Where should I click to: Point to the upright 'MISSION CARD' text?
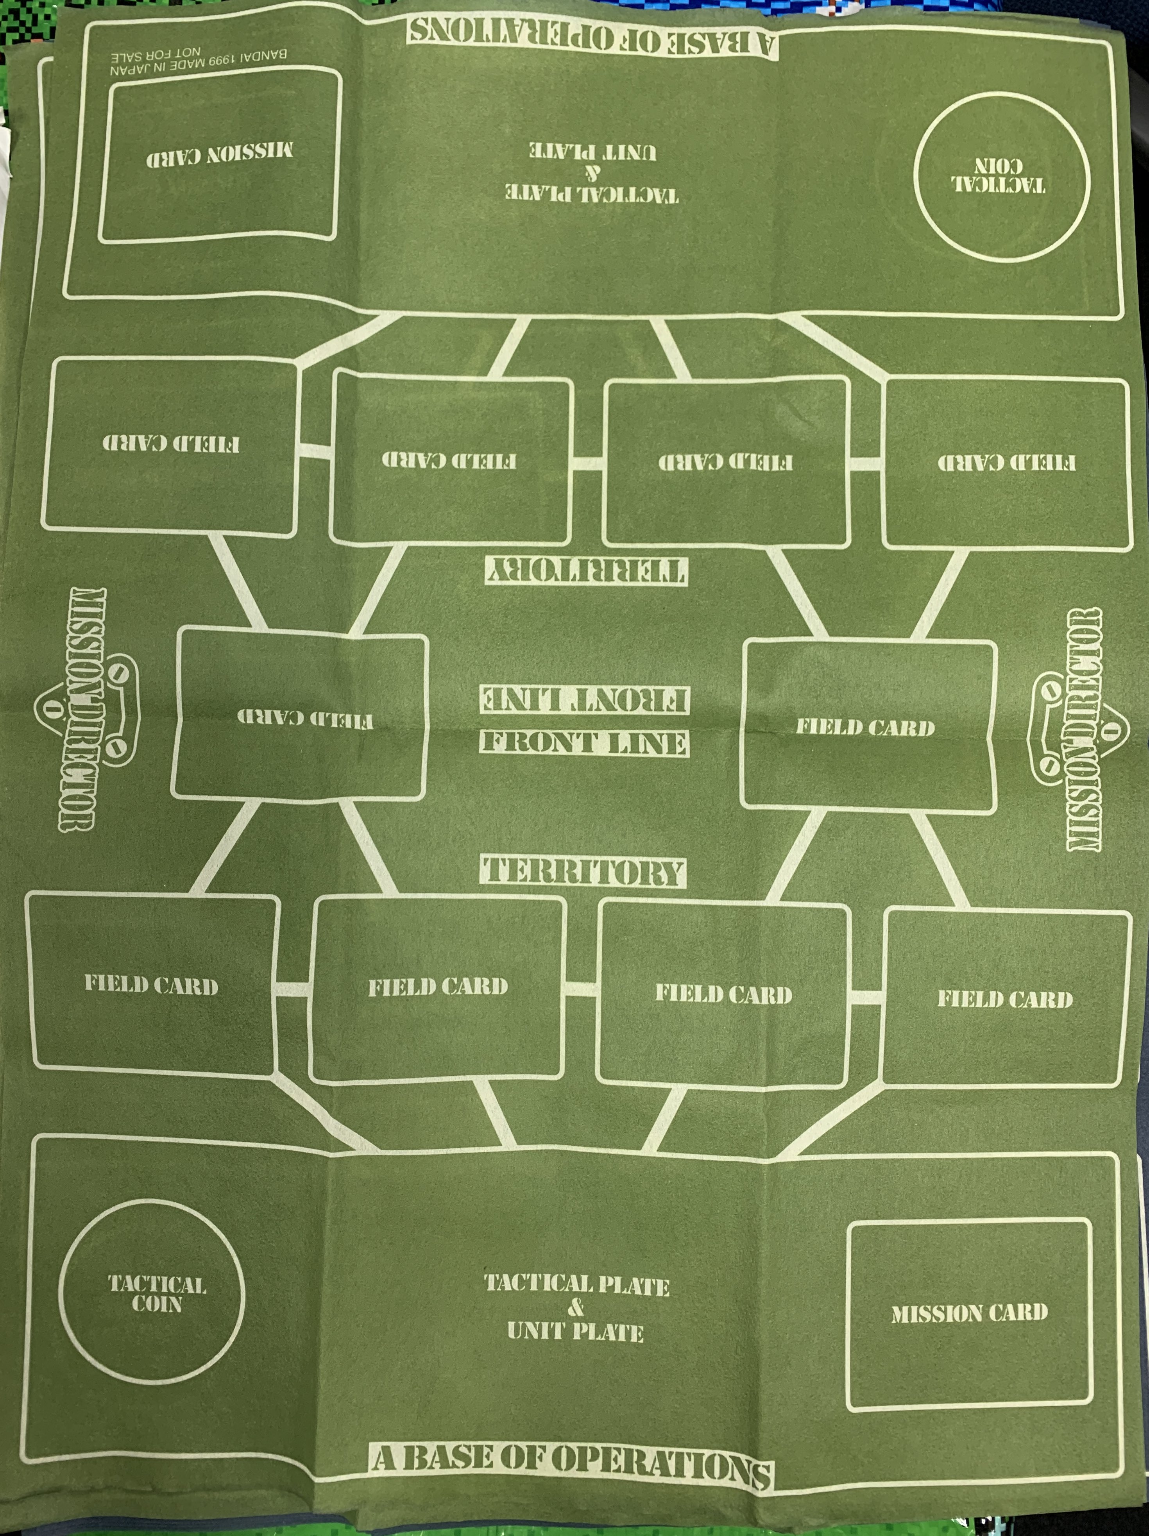click(969, 1313)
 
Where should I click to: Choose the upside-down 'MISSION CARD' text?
click(220, 154)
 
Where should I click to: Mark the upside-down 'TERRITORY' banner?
click(585, 571)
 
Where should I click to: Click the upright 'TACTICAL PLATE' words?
click(576, 1285)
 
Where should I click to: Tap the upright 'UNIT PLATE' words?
click(575, 1331)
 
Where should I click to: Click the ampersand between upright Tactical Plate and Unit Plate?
click(575, 1308)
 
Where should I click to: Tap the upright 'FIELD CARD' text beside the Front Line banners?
click(865, 727)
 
